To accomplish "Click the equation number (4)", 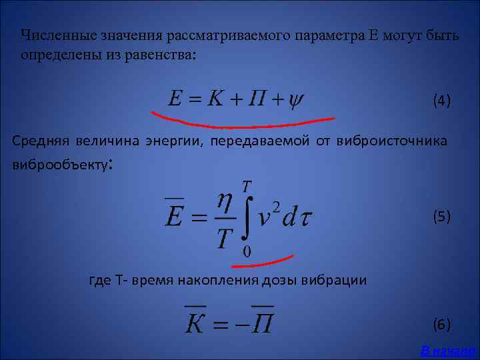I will click(x=441, y=101).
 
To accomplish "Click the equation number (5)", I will click(x=441, y=216).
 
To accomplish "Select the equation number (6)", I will click(x=441, y=325).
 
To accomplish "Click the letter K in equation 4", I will click(x=215, y=99).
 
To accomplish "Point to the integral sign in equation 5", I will click(x=245, y=215).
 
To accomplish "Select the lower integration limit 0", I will click(x=247, y=251).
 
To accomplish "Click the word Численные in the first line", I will click(x=57, y=35).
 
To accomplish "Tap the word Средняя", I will click(x=39, y=141).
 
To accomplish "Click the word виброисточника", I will click(x=392, y=141).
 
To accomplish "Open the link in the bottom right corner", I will click(x=448, y=351).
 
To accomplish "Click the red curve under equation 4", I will click(x=243, y=123).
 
